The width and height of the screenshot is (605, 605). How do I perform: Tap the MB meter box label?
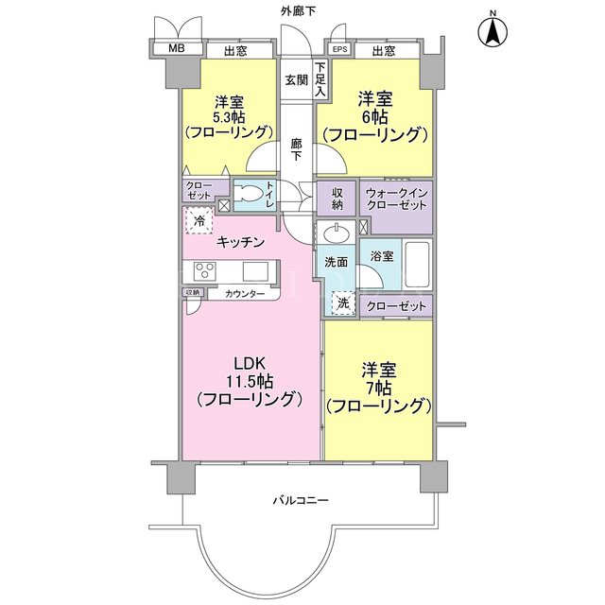pos(177,48)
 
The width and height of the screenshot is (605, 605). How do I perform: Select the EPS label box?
pos(339,49)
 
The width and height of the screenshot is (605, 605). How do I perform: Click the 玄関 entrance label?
pos(296,80)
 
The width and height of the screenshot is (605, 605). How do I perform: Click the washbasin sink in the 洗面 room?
pos(337,233)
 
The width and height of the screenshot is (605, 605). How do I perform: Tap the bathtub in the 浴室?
pos(417,265)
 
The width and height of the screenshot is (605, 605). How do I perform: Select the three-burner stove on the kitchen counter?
pos(204,270)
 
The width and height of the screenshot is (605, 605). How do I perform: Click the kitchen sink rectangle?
pos(255,271)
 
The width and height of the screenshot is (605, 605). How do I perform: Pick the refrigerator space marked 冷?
pos(199,220)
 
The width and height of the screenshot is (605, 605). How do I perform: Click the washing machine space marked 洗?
pos(343,303)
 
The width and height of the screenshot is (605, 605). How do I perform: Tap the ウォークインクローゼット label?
pos(396,199)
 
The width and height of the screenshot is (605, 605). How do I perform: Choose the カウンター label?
pos(245,294)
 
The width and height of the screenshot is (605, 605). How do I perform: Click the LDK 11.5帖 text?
pos(250,372)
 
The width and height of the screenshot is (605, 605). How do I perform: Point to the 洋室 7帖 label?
pos(378,379)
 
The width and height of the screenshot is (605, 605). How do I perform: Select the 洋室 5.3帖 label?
pos(230,110)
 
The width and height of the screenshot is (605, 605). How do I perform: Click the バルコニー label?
pos(301,500)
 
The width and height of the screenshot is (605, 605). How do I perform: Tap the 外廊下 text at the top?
pos(298,11)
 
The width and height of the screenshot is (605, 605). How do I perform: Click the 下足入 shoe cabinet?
pos(321,78)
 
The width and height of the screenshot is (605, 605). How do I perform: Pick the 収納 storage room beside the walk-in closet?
pos(337,199)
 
